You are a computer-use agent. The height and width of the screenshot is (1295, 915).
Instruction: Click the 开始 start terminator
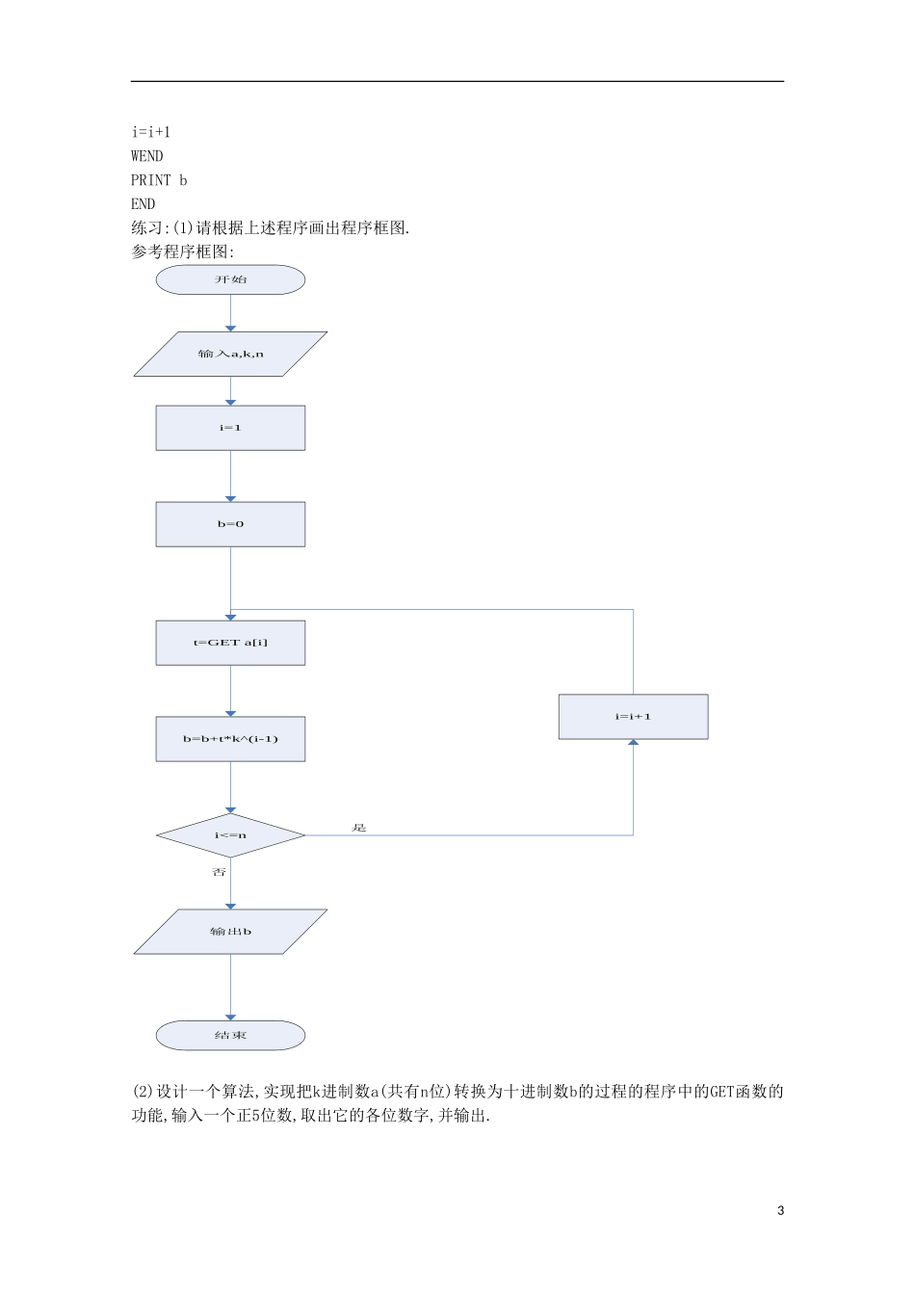pyautogui.click(x=230, y=279)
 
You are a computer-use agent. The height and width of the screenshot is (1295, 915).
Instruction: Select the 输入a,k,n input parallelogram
pyautogui.click(x=230, y=354)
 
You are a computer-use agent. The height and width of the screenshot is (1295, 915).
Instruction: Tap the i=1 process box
pyautogui.click(x=230, y=428)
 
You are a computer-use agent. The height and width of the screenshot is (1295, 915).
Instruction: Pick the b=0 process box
pyautogui.click(x=230, y=524)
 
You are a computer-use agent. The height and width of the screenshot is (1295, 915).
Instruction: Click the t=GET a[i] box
pyautogui.click(x=230, y=643)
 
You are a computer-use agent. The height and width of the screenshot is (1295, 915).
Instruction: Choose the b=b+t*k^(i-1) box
pyautogui.click(x=230, y=739)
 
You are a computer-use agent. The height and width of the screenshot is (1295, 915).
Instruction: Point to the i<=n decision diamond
pyautogui.click(x=230, y=835)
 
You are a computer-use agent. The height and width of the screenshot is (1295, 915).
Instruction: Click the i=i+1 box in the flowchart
pyautogui.click(x=633, y=717)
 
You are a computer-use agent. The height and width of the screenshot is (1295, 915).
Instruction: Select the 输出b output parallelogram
pyautogui.click(x=230, y=932)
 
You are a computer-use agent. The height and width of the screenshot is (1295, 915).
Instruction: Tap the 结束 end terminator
pyautogui.click(x=230, y=1036)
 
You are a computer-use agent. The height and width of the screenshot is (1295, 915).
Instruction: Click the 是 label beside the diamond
pyautogui.click(x=359, y=828)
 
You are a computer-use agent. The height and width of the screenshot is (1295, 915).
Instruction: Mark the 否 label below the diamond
pyautogui.click(x=219, y=872)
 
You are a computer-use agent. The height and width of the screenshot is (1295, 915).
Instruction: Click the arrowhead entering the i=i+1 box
pyautogui.click(x=633, y=743)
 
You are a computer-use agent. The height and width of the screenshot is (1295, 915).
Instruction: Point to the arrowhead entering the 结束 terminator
pyautogui.click(x=230, y=1017)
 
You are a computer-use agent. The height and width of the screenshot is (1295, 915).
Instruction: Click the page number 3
pyautogui.click(x=780, y=1211)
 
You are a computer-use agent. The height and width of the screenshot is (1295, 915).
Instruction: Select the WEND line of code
pyautogui.click(x=147, y=156)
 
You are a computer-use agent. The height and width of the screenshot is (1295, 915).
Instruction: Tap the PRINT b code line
pyautogui.click(x=159, y=180)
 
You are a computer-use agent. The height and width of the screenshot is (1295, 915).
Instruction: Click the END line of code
pyautogui.click(x=143, y=204)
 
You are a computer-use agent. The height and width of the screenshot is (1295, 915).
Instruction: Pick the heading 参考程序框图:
pyautogui.click(x=183, y=252)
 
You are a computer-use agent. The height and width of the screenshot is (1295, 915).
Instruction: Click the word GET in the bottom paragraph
pyautogui.click(x=721, y=1092)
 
